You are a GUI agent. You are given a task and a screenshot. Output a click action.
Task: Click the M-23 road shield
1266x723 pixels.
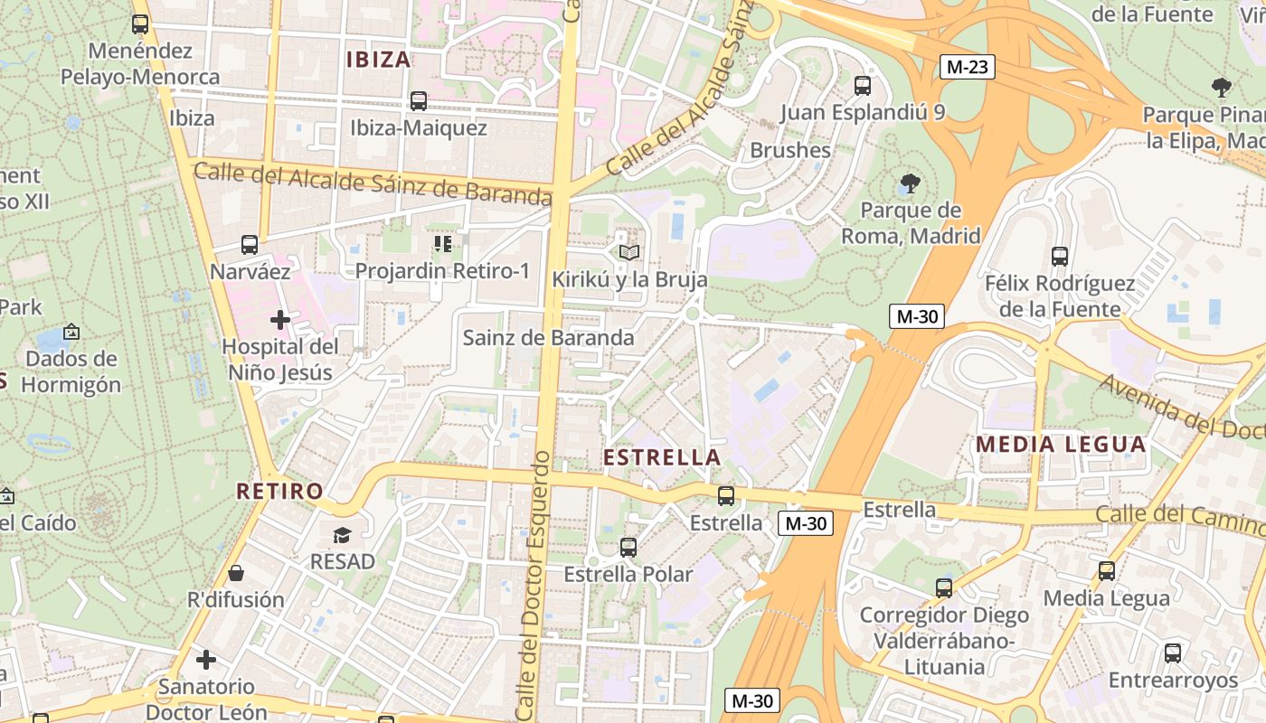coord(967,67)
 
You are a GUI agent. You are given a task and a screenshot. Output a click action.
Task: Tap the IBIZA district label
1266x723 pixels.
coord(379,60)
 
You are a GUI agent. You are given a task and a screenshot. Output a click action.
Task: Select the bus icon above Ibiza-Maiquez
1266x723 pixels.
coord(418,101)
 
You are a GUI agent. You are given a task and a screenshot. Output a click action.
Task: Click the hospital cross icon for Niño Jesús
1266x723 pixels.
coord(280,319)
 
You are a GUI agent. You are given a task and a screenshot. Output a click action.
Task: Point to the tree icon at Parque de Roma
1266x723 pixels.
coord(910,184)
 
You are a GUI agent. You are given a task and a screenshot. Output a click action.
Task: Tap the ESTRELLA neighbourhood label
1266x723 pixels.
coord(662,457)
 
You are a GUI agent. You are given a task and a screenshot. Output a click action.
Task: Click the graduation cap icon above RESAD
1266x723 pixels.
coord(342,535)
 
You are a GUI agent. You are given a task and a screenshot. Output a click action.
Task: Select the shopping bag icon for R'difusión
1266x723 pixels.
coord(235,573)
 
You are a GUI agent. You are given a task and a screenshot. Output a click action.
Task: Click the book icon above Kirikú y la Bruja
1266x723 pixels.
coord(629,252)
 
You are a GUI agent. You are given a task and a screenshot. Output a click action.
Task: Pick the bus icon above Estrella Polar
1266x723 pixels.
coord(628,548)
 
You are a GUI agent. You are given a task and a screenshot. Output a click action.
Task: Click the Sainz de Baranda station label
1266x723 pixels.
coord(548,338)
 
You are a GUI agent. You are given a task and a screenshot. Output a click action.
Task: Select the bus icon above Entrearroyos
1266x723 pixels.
coord(1173,653)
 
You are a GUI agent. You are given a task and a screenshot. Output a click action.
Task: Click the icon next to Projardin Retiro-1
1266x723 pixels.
coord(442,244)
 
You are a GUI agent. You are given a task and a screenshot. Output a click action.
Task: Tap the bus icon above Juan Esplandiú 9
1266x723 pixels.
coord(863,86)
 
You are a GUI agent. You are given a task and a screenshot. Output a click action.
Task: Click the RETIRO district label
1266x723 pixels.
coord(279,492)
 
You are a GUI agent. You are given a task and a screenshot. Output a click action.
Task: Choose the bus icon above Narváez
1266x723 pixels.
coord(250,245)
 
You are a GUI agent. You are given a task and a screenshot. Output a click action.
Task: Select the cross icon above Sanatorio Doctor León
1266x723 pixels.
coord(206,660)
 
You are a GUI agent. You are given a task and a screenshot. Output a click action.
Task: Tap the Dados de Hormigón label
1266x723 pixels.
coord(71,371)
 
